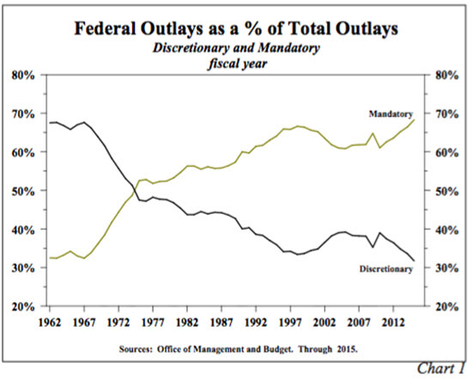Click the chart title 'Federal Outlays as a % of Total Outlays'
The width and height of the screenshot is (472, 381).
(236, 28)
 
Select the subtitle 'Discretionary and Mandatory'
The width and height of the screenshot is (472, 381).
(236, 48)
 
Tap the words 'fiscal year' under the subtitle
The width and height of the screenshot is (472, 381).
(237, 64)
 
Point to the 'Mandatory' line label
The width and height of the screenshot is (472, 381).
(390, 114)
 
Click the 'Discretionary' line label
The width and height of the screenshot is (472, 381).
(386, 269)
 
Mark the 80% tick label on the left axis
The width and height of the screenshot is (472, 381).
(23, 76)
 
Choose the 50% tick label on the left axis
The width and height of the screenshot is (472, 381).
(23, 191)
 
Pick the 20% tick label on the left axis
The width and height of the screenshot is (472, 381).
(23, 307)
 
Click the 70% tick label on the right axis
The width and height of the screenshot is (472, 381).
(447, 114)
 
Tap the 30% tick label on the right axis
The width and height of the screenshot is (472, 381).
(447, 268)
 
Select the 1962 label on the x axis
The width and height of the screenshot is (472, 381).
(50, 323)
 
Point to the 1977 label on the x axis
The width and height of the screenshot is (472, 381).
(153, 323)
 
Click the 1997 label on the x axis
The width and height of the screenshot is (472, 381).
(290, 323)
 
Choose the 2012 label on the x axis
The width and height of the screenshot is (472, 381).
(393, 323)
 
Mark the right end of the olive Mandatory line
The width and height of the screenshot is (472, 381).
(415, 120)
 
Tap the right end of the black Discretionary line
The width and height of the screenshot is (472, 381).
(415, 261)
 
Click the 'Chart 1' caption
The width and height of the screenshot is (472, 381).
(441, 368)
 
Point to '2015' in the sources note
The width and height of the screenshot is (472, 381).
(347, 349)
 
